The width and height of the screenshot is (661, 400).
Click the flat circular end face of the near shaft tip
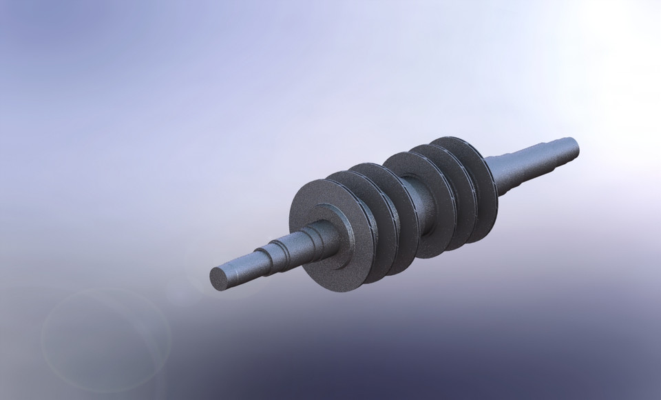pos(219,278)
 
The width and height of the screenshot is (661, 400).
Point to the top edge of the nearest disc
pos(313,182)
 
